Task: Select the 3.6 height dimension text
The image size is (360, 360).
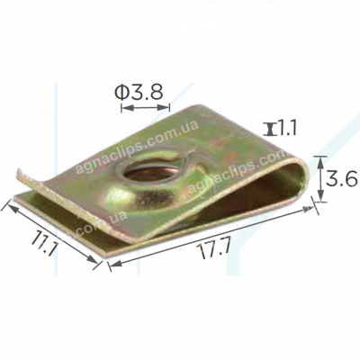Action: pos(342,180)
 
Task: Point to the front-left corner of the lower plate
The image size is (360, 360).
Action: pos(105,255)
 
